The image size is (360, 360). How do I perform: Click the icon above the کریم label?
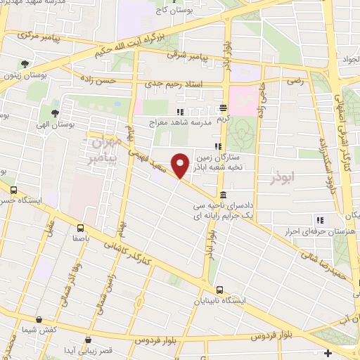[223, 108]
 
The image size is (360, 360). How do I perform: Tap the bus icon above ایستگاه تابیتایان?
[220, 289]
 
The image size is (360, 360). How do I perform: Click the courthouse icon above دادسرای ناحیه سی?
[223, 195]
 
